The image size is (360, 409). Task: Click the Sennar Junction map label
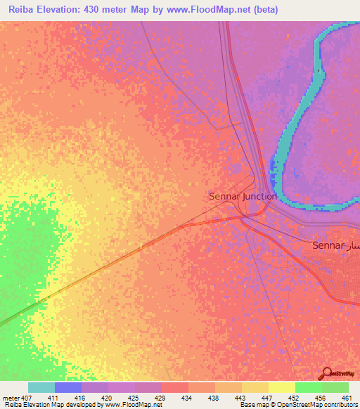tap(243, 197)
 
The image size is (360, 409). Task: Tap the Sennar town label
tap(328, 245)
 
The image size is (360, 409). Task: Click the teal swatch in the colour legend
tap(41, 387)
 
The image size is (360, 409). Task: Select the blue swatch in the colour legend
tap(68, 387)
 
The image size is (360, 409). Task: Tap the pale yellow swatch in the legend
tap(281, 387)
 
